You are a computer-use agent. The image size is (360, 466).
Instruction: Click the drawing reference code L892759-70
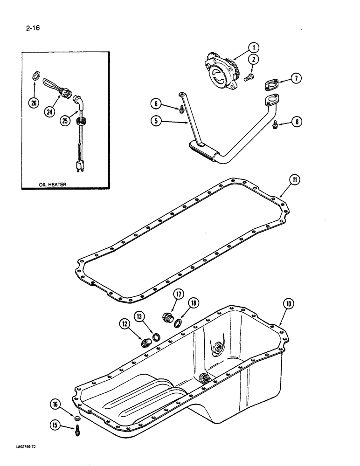21,459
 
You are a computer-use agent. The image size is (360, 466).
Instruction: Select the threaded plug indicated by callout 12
145,344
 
